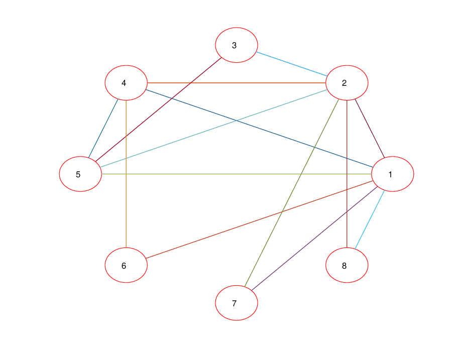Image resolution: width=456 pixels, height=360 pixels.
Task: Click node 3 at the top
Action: pyautogui.click(x=237, y=45)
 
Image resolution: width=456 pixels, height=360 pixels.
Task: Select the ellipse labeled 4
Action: pyautogui.click(x=126, y=83)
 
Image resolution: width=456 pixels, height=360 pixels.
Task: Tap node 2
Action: pyautogui.click(x=347, y=83)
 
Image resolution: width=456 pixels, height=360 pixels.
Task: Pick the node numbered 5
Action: pyautogui.click(x=80, y=174)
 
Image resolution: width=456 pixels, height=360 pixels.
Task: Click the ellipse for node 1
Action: pyautogui.click(x=393, y=174)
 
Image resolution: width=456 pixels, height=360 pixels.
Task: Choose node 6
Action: pyautogui.click(x=126, y=265)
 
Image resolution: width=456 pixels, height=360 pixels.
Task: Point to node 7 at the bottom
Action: pyautogui.click(x=237, y=303)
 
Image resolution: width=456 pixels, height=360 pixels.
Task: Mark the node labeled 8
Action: pyautogui.click(x=347, y=265)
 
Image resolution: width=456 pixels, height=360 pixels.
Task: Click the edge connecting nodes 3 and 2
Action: pyautogui.click(x=292, y=64)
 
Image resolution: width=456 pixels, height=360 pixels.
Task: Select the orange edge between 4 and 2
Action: pyautogui.click(x=237, y=83)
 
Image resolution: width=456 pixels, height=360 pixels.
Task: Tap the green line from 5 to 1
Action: pyautogui.click(x=237, y=174)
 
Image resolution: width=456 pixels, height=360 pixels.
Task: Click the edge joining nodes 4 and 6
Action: pyautogui.click(x=126, y=174)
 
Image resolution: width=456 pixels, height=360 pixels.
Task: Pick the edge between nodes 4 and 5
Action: pyautogui.click(x=103, y=129)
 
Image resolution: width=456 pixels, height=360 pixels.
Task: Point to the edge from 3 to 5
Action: pyautogui.click(x=159, y=109)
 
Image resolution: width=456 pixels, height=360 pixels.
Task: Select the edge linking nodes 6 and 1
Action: pyautogui.click(x=260, y=219)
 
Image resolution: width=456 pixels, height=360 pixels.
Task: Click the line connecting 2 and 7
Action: pyautogui.click(x=292, y=193)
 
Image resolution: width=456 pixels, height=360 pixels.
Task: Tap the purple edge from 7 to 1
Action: pyautogui.click(x=315, y=238)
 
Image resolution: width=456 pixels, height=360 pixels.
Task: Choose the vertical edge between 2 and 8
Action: pyautogui.click(x=347, y=174)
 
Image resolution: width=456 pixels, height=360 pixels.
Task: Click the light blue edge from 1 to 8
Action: pyautogui.click(x=370, y=219)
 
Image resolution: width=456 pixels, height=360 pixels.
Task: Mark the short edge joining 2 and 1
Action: pyautogui.click(x=370, y=129)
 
